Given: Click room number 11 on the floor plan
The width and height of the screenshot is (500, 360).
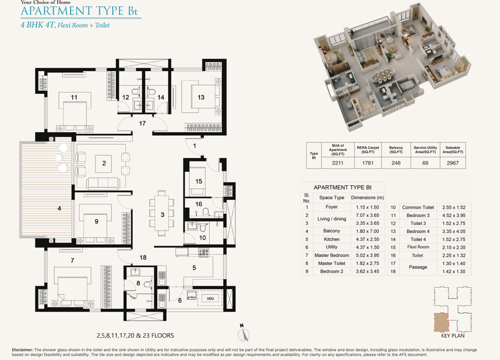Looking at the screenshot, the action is [x=74, y=97].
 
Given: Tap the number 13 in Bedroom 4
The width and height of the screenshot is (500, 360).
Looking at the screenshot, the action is [x=201, y=97].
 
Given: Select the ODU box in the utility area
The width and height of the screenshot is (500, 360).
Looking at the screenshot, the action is [x=210, y=298].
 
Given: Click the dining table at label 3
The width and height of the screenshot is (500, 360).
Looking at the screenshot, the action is [x=162, y=213].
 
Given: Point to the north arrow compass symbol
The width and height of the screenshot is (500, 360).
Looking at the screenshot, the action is [x=244, y=334].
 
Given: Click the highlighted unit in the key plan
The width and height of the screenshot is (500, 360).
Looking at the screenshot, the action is [x=441, y=322].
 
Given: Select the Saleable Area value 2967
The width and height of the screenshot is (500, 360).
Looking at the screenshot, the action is [x=453, y=163].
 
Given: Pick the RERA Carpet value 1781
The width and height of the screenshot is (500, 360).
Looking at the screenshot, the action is [x=368, y=163].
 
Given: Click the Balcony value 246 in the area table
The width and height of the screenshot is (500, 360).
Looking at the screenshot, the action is [x=396, y=163].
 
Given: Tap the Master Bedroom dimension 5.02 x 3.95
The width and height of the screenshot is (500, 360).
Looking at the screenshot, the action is [x=367, y=255].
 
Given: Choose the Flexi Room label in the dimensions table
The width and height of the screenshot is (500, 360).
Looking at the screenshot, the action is [x=418, y=247].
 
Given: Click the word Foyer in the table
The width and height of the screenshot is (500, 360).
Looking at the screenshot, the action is [x=332, y=207].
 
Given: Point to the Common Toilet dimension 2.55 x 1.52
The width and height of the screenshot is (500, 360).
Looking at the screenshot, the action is [x=454, y=207].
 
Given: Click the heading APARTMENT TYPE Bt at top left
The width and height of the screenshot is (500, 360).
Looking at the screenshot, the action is [x=79, y=11].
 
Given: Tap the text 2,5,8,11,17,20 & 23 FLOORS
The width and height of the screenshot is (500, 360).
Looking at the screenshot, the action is [x=135, y=336].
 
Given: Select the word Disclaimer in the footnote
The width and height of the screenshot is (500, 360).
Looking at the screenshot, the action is [x=22, y=350].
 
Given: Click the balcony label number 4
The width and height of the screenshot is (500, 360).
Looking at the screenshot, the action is [x=59, y=208].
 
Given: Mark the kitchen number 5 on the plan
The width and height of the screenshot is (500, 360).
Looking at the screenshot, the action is [x=194, y=268].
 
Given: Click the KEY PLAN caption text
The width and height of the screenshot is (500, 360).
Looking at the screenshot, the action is [x=453, y=336].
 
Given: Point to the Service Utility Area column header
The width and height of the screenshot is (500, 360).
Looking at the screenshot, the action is [x=425, y=150].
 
